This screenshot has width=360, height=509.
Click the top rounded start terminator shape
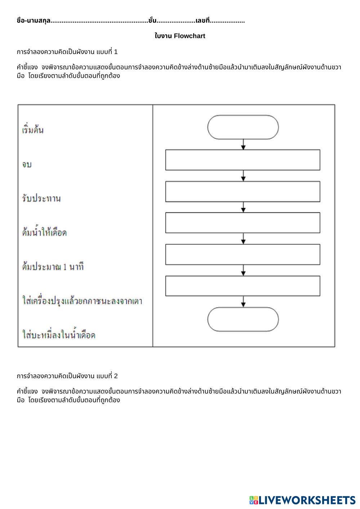click(243, 127)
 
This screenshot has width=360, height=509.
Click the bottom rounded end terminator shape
click(243, 319)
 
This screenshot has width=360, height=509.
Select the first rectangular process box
click(243, 160)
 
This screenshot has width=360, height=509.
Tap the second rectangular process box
click(243, 192)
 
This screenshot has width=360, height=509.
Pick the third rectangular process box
click(243, 223)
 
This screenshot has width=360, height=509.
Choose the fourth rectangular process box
click(243, 254)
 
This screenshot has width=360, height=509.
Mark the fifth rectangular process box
click(243, 286)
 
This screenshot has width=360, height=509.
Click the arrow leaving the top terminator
click(243, 144)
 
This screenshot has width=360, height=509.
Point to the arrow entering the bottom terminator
click(243, 302)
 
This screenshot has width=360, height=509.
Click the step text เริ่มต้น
click(33, 130)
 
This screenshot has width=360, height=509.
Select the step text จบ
click(27, 164)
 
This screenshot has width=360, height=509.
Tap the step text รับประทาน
click(41, 198)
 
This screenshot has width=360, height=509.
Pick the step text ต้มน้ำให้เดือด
click(44, 233)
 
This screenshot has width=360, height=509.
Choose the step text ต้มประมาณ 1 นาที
click(53, 267)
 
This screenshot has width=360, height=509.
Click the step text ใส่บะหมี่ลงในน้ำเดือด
click(59, 335)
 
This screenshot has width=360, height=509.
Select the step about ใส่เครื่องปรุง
click(82, 301)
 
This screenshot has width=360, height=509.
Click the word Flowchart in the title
click(190, 36)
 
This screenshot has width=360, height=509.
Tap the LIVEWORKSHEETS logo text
click(306, 500)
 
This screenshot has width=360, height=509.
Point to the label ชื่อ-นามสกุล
click(34, 21)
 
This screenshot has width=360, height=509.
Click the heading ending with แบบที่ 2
click(67, 376)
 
